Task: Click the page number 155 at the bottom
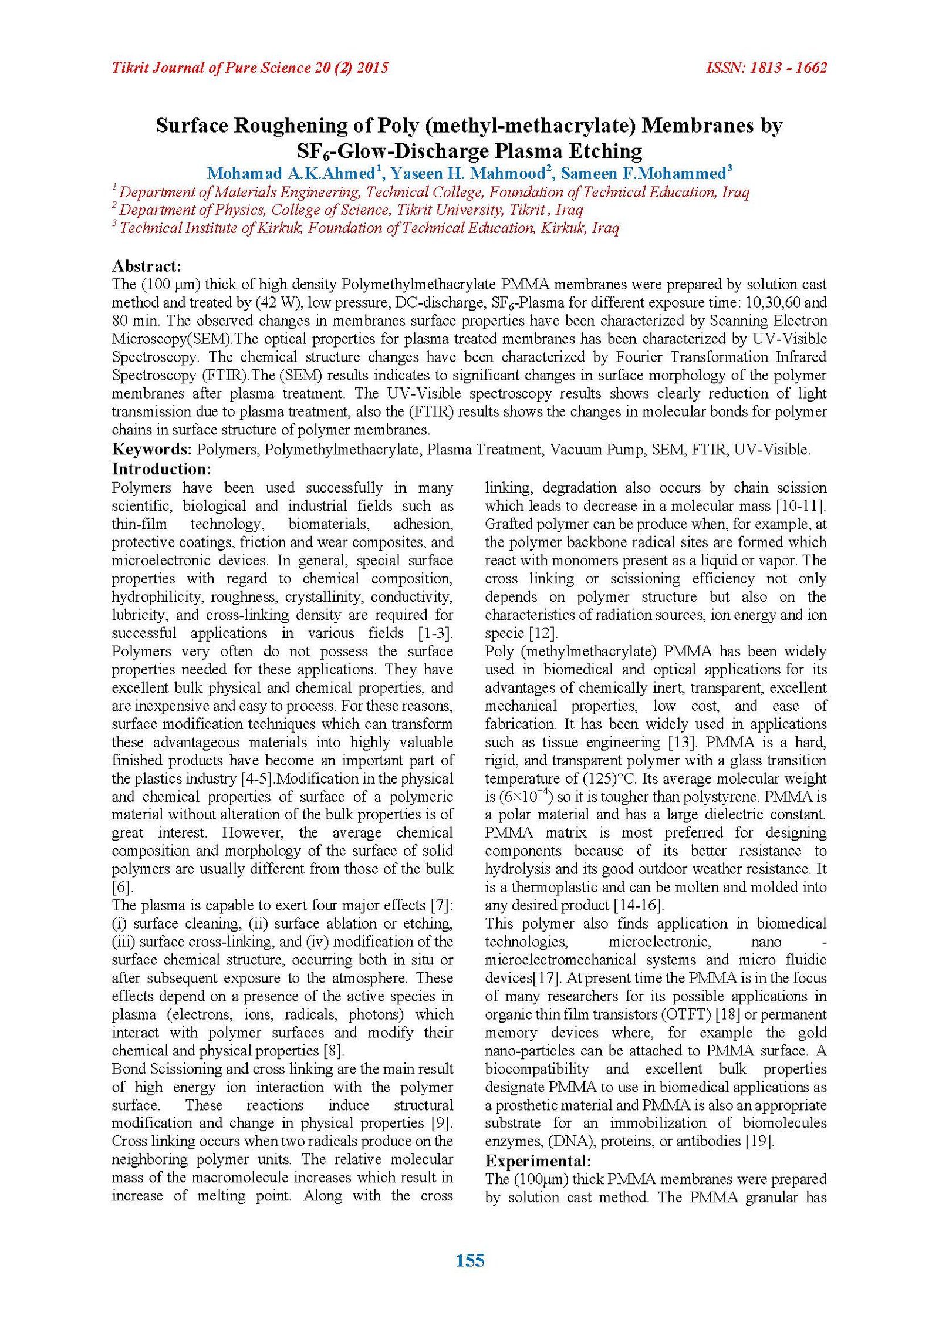pos(469,1260)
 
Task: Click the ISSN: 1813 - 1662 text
pos(766,68)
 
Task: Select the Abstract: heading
pos(146,266)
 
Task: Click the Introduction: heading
pos(161,469)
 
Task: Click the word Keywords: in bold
pos(151,450)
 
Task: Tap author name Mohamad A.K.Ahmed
pos(291,174)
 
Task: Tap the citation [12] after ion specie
pos(543,633)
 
